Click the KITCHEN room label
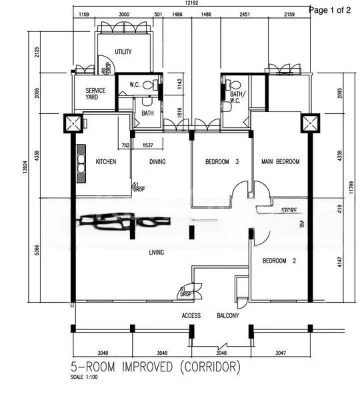[107, 162]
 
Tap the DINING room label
[157, 162]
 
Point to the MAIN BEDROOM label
[280, 162]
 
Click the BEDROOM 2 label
[279, 261]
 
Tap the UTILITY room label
[123, 52]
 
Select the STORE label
[289, 209]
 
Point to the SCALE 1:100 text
[84, 378]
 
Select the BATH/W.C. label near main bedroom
[237, 97]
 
